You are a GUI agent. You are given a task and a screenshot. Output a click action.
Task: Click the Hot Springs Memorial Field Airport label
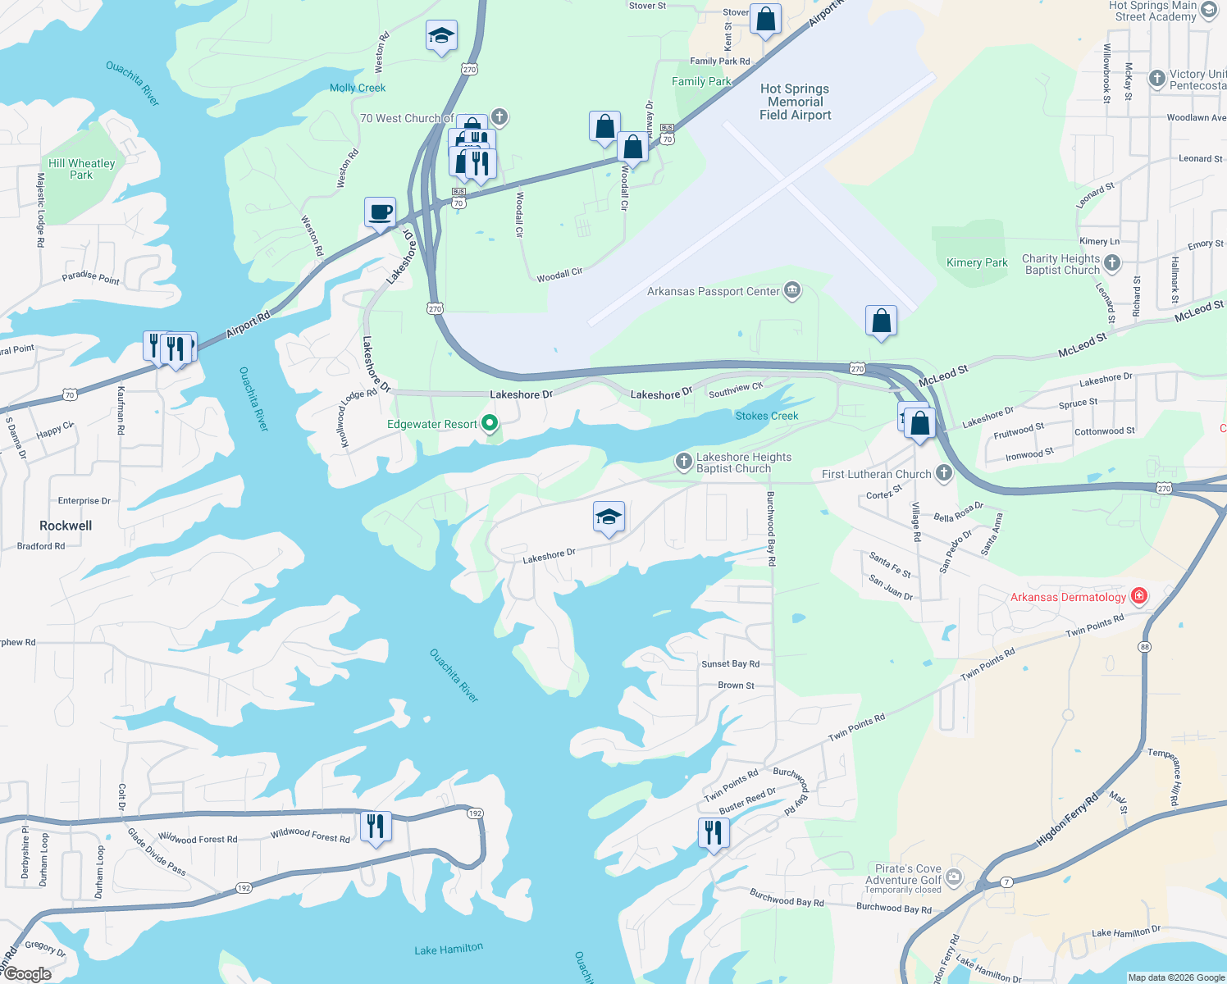point(795,102)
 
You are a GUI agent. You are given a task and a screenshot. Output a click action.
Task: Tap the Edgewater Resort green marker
point(490,424)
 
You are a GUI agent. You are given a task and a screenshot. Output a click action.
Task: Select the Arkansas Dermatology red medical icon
point(1138,596)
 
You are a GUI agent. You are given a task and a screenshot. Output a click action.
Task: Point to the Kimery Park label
point(977,263)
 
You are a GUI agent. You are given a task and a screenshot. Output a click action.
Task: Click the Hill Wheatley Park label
point(81,169)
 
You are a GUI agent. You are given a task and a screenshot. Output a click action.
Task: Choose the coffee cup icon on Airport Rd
point(381,213)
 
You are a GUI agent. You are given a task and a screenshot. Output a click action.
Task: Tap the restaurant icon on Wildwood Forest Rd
point(376,827)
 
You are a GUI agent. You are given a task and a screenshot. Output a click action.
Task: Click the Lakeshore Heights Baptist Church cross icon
point(683,462)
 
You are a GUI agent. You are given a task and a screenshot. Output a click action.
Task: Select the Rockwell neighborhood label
point(66,526)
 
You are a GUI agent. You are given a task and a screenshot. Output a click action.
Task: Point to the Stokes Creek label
point(767,416)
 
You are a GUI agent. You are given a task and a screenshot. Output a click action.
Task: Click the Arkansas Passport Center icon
point(792,291)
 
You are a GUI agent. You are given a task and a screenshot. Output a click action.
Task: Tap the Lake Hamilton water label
point(449,950)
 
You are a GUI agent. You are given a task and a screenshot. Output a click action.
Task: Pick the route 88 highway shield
point(1144,647)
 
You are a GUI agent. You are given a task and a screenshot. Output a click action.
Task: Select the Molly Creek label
point(358,88)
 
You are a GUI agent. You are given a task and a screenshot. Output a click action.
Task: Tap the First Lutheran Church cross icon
point(944,473)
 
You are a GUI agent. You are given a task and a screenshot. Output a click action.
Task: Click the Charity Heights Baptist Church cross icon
point(1112,263)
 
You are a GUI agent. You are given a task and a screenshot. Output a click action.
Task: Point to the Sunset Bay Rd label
point(730,664)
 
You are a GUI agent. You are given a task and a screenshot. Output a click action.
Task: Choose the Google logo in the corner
point(27,974)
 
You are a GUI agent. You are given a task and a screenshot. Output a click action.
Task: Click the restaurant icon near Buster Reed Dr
point(714,833)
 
